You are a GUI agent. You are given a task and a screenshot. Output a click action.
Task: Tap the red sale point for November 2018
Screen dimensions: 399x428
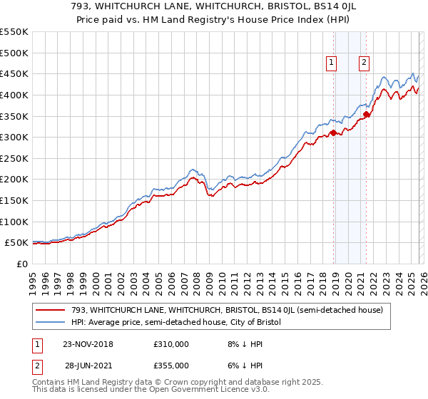point(333,133)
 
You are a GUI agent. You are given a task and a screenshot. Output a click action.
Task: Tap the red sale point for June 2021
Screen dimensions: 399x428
point(366,113)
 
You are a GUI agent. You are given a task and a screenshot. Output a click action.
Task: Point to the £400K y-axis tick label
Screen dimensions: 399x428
point(14,95)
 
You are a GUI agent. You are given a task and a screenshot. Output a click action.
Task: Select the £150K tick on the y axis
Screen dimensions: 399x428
point(14,200)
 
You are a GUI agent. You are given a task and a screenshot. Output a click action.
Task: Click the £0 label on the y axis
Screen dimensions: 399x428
point(23,264)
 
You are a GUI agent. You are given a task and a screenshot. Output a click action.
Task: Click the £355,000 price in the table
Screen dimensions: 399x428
point(171,366)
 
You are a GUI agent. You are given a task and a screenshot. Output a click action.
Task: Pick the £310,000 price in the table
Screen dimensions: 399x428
point(171,344)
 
